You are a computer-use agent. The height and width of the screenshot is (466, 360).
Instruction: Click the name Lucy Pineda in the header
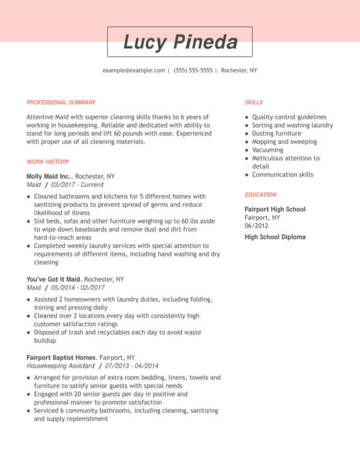(x=180, y=42)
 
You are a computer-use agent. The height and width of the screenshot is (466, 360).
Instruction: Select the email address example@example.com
(x=134, y=70)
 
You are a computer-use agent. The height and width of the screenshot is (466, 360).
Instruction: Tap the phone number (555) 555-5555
(x=193, y=70)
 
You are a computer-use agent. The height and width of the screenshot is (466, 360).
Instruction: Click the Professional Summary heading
(x=61, y=102)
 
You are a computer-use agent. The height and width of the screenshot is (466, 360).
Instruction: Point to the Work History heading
(x=48, y=162)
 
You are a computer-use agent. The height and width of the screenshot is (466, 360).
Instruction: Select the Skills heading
(x=254, y=102)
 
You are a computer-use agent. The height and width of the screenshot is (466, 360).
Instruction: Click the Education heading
(x=260, y=195)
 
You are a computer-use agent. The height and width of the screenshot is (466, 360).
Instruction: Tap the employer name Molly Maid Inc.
(x=49, y=177)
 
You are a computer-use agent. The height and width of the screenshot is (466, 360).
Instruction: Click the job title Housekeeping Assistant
(x=61, y=365)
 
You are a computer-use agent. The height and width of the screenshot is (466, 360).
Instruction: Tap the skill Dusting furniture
(x=277, y=133)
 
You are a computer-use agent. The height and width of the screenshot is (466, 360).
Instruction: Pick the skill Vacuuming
(x=268, y=150)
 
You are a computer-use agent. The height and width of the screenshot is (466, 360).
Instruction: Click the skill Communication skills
(x=283, y=174)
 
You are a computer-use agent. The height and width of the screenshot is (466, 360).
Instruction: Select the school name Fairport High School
(x=275, y=209)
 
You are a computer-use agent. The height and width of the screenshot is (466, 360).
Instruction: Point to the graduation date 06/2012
(x=257, y=226)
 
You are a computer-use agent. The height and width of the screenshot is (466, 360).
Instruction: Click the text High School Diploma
(x=275, y=237)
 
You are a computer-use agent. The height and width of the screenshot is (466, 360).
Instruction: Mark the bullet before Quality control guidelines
(x=247, y=117)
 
